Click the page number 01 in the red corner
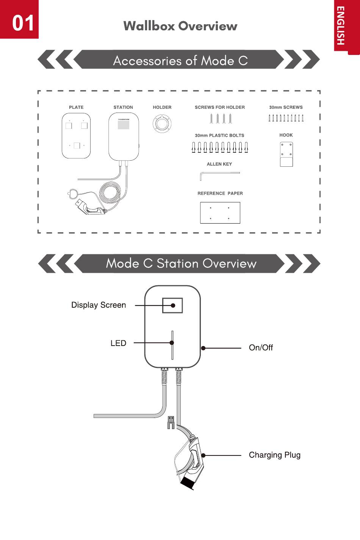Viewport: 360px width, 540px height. tap(23, 23)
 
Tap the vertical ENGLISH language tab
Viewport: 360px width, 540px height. tap(340, 25)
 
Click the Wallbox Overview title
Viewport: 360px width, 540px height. tap(180, 26)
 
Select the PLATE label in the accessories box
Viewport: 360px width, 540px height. tap(76, 107)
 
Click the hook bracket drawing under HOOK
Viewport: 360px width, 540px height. tap(286, 154)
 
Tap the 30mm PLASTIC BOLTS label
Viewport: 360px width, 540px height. tap(219, 136)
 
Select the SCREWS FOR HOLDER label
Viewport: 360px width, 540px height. tap(220, 107)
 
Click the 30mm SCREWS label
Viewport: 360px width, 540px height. tap(286, 107)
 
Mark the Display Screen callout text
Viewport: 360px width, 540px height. tap(99, 305)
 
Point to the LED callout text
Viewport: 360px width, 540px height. tap(118, 343)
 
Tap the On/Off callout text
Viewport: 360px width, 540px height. tap(261, 347)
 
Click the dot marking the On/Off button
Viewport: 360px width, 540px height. tap(203, 348)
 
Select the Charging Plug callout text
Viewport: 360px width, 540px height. tap(275, 455)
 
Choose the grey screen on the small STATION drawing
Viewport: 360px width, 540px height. tap(124, 125)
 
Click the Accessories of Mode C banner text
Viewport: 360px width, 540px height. tap(180, 60)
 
